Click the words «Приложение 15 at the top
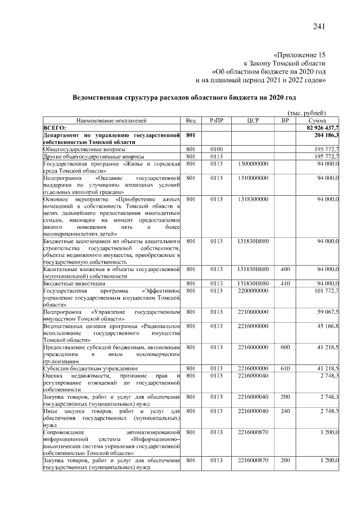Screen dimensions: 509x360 [x=298, y=55]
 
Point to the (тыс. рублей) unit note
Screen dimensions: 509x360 [x=306, y=113]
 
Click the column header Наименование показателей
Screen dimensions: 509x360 [x=111, y=120]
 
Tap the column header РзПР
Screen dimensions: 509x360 [x=217, y=120]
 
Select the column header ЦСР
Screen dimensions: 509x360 [x=253, y=120]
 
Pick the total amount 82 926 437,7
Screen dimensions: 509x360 [x=319, y=128]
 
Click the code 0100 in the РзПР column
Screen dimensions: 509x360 [x=217, y=148]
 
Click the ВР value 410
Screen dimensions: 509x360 [x=285, y=283]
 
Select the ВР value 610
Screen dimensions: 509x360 [x=285, y=368]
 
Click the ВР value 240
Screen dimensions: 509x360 [x=285, y=412]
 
